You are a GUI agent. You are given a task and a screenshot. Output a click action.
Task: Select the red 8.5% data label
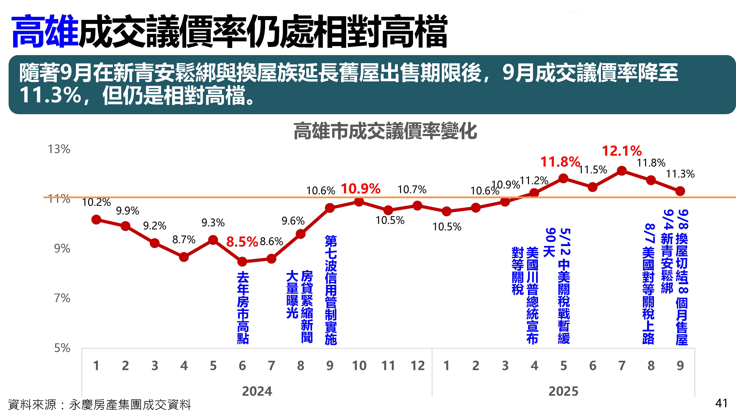(242, 242)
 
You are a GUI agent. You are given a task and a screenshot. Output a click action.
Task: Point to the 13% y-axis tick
(59, 149)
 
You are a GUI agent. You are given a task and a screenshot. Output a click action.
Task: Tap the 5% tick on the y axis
(62, 348)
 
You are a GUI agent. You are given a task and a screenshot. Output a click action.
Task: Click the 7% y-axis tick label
(62, 298)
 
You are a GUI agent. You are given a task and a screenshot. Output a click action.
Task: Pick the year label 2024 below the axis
(257, 391)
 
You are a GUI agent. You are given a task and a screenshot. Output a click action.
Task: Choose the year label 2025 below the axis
(563, 391)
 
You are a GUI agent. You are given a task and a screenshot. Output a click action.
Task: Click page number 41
(721, 403)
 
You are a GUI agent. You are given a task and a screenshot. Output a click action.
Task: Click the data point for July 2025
(622, 171)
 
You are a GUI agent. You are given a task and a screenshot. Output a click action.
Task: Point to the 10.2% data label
(96, 202)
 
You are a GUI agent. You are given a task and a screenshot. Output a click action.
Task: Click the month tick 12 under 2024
(417, 366)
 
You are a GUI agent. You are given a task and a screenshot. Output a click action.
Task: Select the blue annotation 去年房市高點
(243, 308)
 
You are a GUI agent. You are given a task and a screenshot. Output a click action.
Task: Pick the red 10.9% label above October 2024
(361, 189)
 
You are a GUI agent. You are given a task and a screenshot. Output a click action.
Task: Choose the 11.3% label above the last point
(680, 174)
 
